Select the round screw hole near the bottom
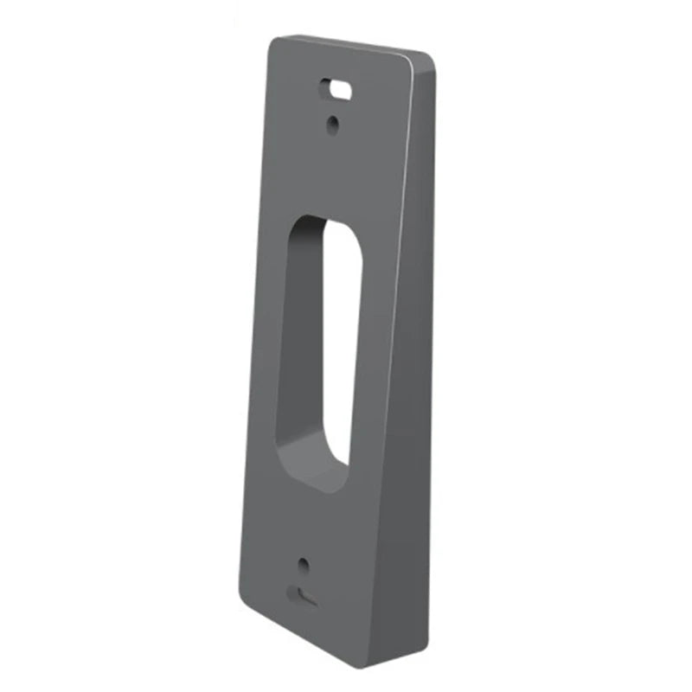(x=303, y=566)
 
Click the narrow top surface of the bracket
(x=355, y=45)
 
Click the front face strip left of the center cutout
(x=264, y=346)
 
